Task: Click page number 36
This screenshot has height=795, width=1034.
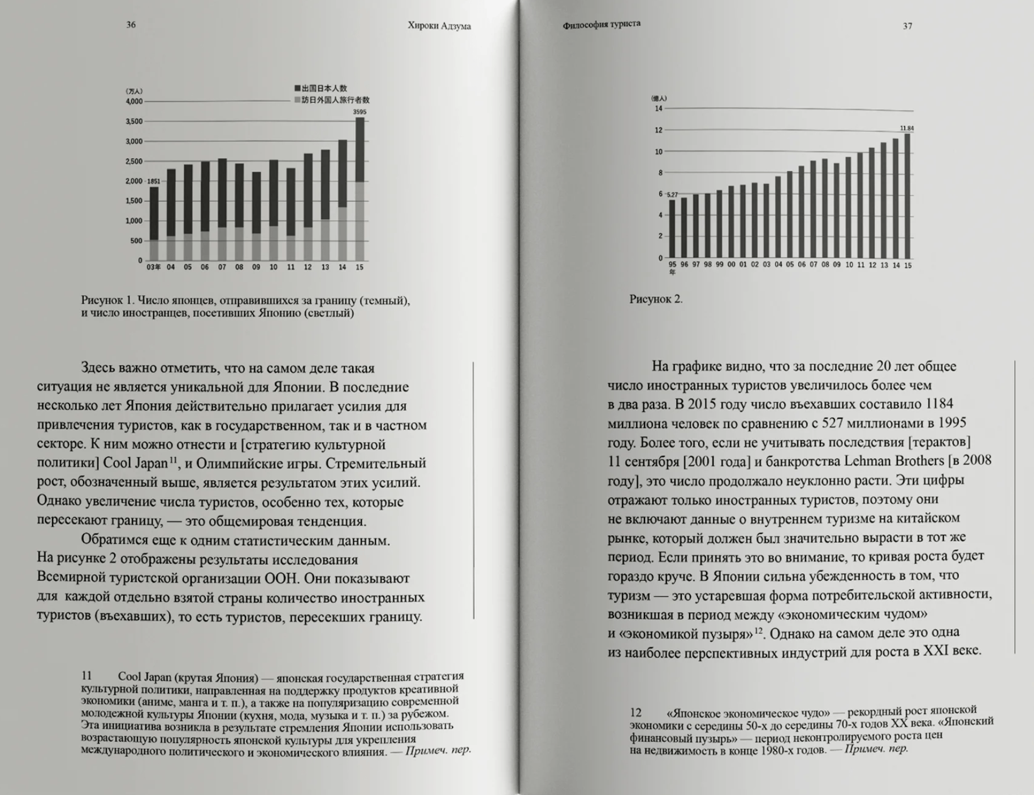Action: click(x=131, y=25)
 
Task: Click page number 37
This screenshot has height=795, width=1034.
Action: click(x=907, y=26)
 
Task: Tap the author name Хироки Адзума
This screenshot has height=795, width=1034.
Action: click(x=439, y=26)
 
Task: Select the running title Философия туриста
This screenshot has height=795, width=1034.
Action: click(x=602, y=24)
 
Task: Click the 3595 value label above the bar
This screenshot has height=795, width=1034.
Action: click(x=360, y=112)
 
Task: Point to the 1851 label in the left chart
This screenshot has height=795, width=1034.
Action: click(x=154, y=182)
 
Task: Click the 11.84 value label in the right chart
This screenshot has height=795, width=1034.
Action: click(x=907, y=128)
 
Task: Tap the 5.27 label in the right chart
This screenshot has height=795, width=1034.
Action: click(x=672, y=195)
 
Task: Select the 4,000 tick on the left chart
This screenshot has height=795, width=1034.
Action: click(x=134, y=102)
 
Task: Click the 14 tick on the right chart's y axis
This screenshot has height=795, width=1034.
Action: click(x=659, y=109)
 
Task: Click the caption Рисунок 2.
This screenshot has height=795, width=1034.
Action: click(x=656, y=299)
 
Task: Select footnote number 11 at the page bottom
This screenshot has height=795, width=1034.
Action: click(x=86, y=676)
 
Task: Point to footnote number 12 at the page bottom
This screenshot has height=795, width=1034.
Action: click(x=635, y=712)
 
